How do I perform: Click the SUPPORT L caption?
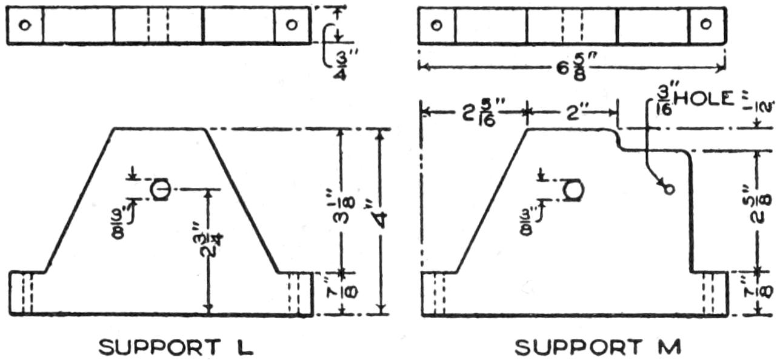click(x=176, y=347)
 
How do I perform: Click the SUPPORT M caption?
click(x=598, y=347)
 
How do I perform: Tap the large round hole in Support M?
click(x=573, y=190)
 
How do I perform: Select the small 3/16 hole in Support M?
click(x=668, y=189)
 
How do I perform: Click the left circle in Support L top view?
click(x=24, y=25)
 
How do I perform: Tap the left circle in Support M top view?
click(x=436, y=25)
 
